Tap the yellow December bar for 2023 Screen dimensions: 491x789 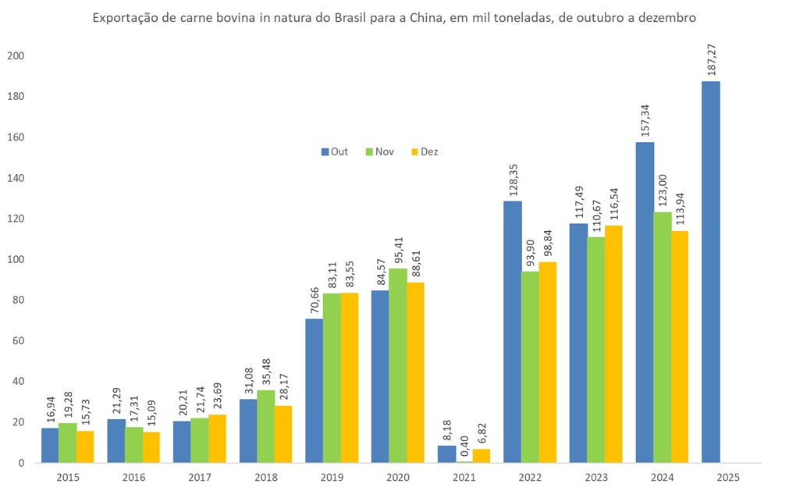coord(613,343)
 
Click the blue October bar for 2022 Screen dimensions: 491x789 coord(512,332)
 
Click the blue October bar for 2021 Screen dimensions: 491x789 coord(446,454)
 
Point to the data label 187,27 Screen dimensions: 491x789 coord(711,57)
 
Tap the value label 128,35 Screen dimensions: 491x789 coord(513,177)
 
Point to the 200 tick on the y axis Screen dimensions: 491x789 coord(15,56)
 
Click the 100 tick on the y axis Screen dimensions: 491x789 coord(15,259)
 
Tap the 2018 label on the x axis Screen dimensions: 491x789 coord(265,475)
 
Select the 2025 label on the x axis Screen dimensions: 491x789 coord(727,475)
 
